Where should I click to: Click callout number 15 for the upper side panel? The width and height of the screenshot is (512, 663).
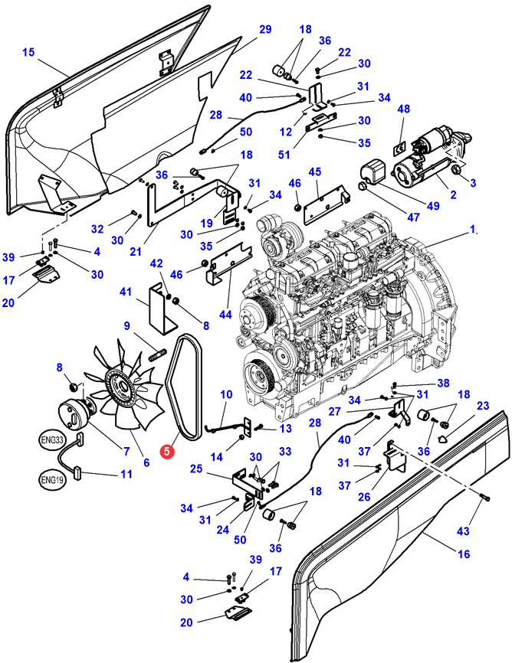click(28, 52)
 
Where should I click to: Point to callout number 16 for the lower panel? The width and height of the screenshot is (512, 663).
click(462, 554)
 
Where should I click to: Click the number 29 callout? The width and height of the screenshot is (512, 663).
click(264, 29)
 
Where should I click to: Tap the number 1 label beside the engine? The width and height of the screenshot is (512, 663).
click(473, 229)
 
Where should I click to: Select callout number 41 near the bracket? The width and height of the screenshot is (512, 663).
click(126, 292)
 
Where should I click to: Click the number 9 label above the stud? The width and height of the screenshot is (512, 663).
click(126, 326)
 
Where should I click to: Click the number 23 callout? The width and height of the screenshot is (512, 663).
click(482, 406)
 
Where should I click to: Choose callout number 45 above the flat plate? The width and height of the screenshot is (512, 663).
click(314, 172)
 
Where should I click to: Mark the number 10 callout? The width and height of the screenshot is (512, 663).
click(226, 394)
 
